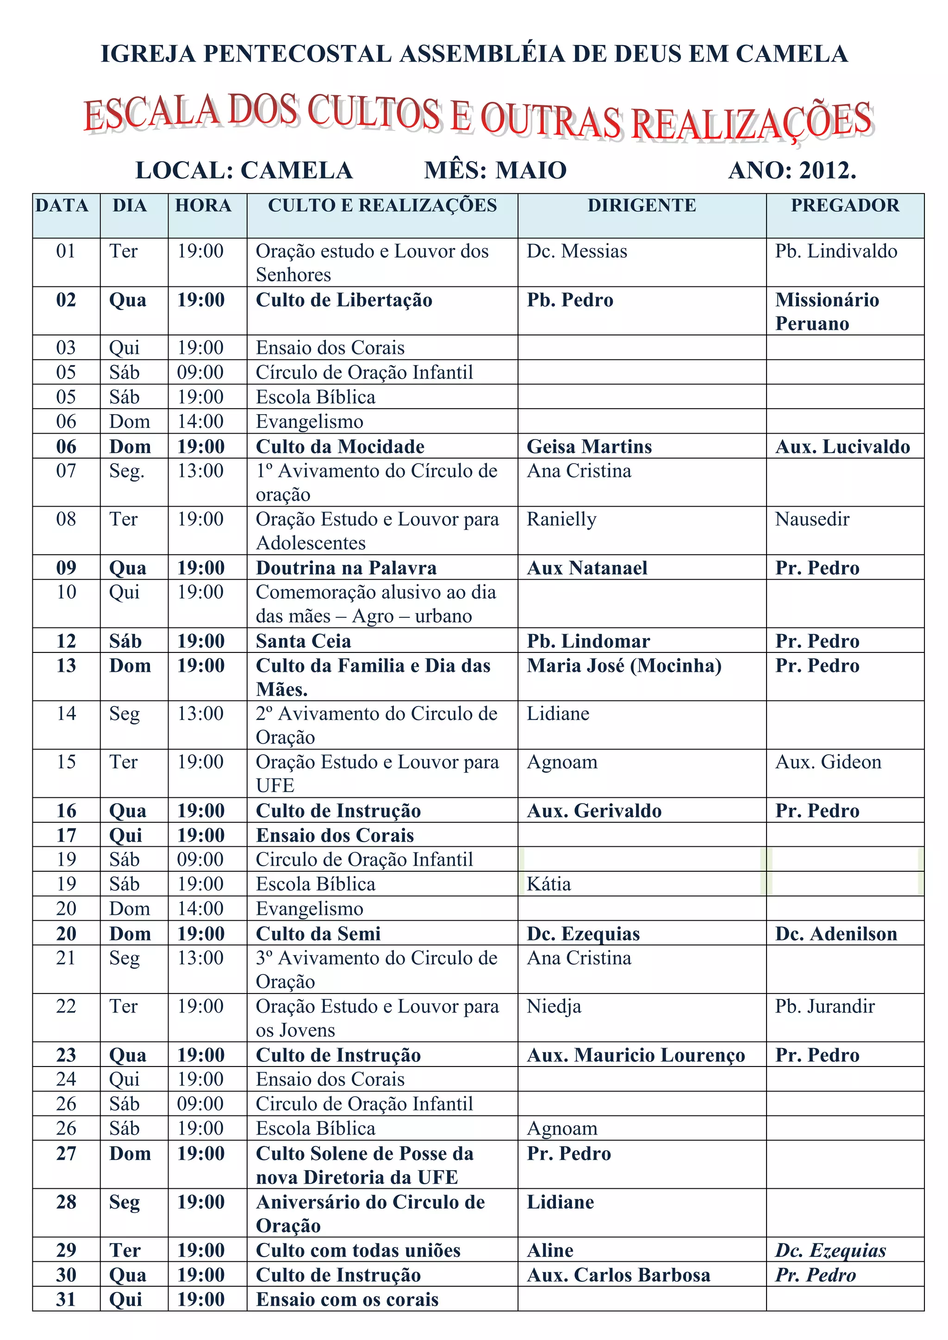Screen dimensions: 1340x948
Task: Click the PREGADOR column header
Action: point(845,205)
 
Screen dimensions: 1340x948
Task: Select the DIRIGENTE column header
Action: point(642,205)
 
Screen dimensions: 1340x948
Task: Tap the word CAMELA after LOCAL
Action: point(297,170)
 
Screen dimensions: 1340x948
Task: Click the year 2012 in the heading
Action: point(827,170)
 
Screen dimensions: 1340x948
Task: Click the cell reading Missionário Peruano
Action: point(827,311)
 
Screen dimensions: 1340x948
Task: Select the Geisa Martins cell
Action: point(589,447)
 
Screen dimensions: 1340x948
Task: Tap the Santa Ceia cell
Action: point(304,641)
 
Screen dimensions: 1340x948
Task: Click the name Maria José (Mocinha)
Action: point(624,666)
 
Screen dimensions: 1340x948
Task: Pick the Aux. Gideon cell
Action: point(828,762)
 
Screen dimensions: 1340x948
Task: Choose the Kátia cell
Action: point(549,884)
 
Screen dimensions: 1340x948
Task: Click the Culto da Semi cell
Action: point(318,933)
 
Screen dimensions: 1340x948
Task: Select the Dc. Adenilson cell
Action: point(836,933)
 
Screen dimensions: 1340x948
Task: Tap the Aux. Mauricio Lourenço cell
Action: point(636,1055)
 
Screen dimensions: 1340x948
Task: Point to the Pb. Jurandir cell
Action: point(824,1006)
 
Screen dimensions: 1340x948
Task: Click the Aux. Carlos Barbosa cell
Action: point(618,1275)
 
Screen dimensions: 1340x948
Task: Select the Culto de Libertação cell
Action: point(344,300)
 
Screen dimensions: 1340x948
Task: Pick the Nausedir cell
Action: point(812,519)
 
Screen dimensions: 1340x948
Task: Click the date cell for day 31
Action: point(66,1299)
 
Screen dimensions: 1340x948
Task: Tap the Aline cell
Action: point(550,1250)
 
